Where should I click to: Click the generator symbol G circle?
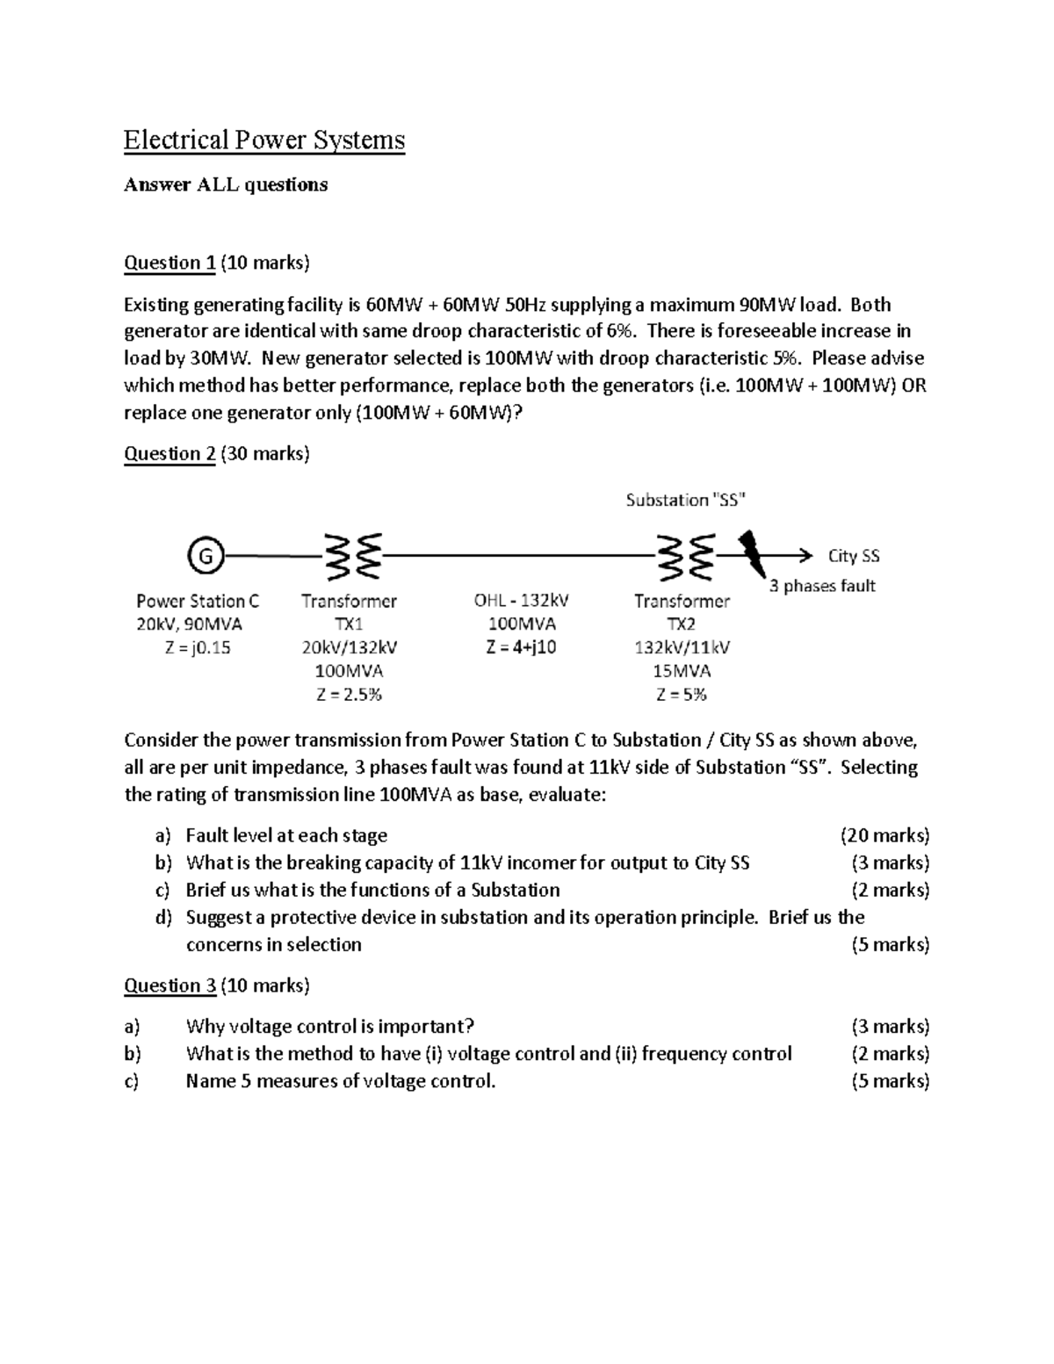[205, 556]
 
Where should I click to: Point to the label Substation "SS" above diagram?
[686, 500]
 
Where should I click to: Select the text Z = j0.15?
[198, 647]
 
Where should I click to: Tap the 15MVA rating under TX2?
[682, 671]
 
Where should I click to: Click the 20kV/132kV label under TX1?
[349, 647]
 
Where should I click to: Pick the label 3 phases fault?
[822, 586]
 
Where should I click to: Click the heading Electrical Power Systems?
[263, 140]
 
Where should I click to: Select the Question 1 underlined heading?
[170, 262]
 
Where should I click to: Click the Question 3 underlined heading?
[170, 985]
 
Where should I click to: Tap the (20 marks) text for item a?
[884, 835]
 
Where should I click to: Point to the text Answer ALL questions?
[226, 184]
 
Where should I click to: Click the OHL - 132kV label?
[521, 601]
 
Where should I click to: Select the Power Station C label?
[198, 601]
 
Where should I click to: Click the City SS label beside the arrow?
[853, 556]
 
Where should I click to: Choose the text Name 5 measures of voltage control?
[341, 1080]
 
